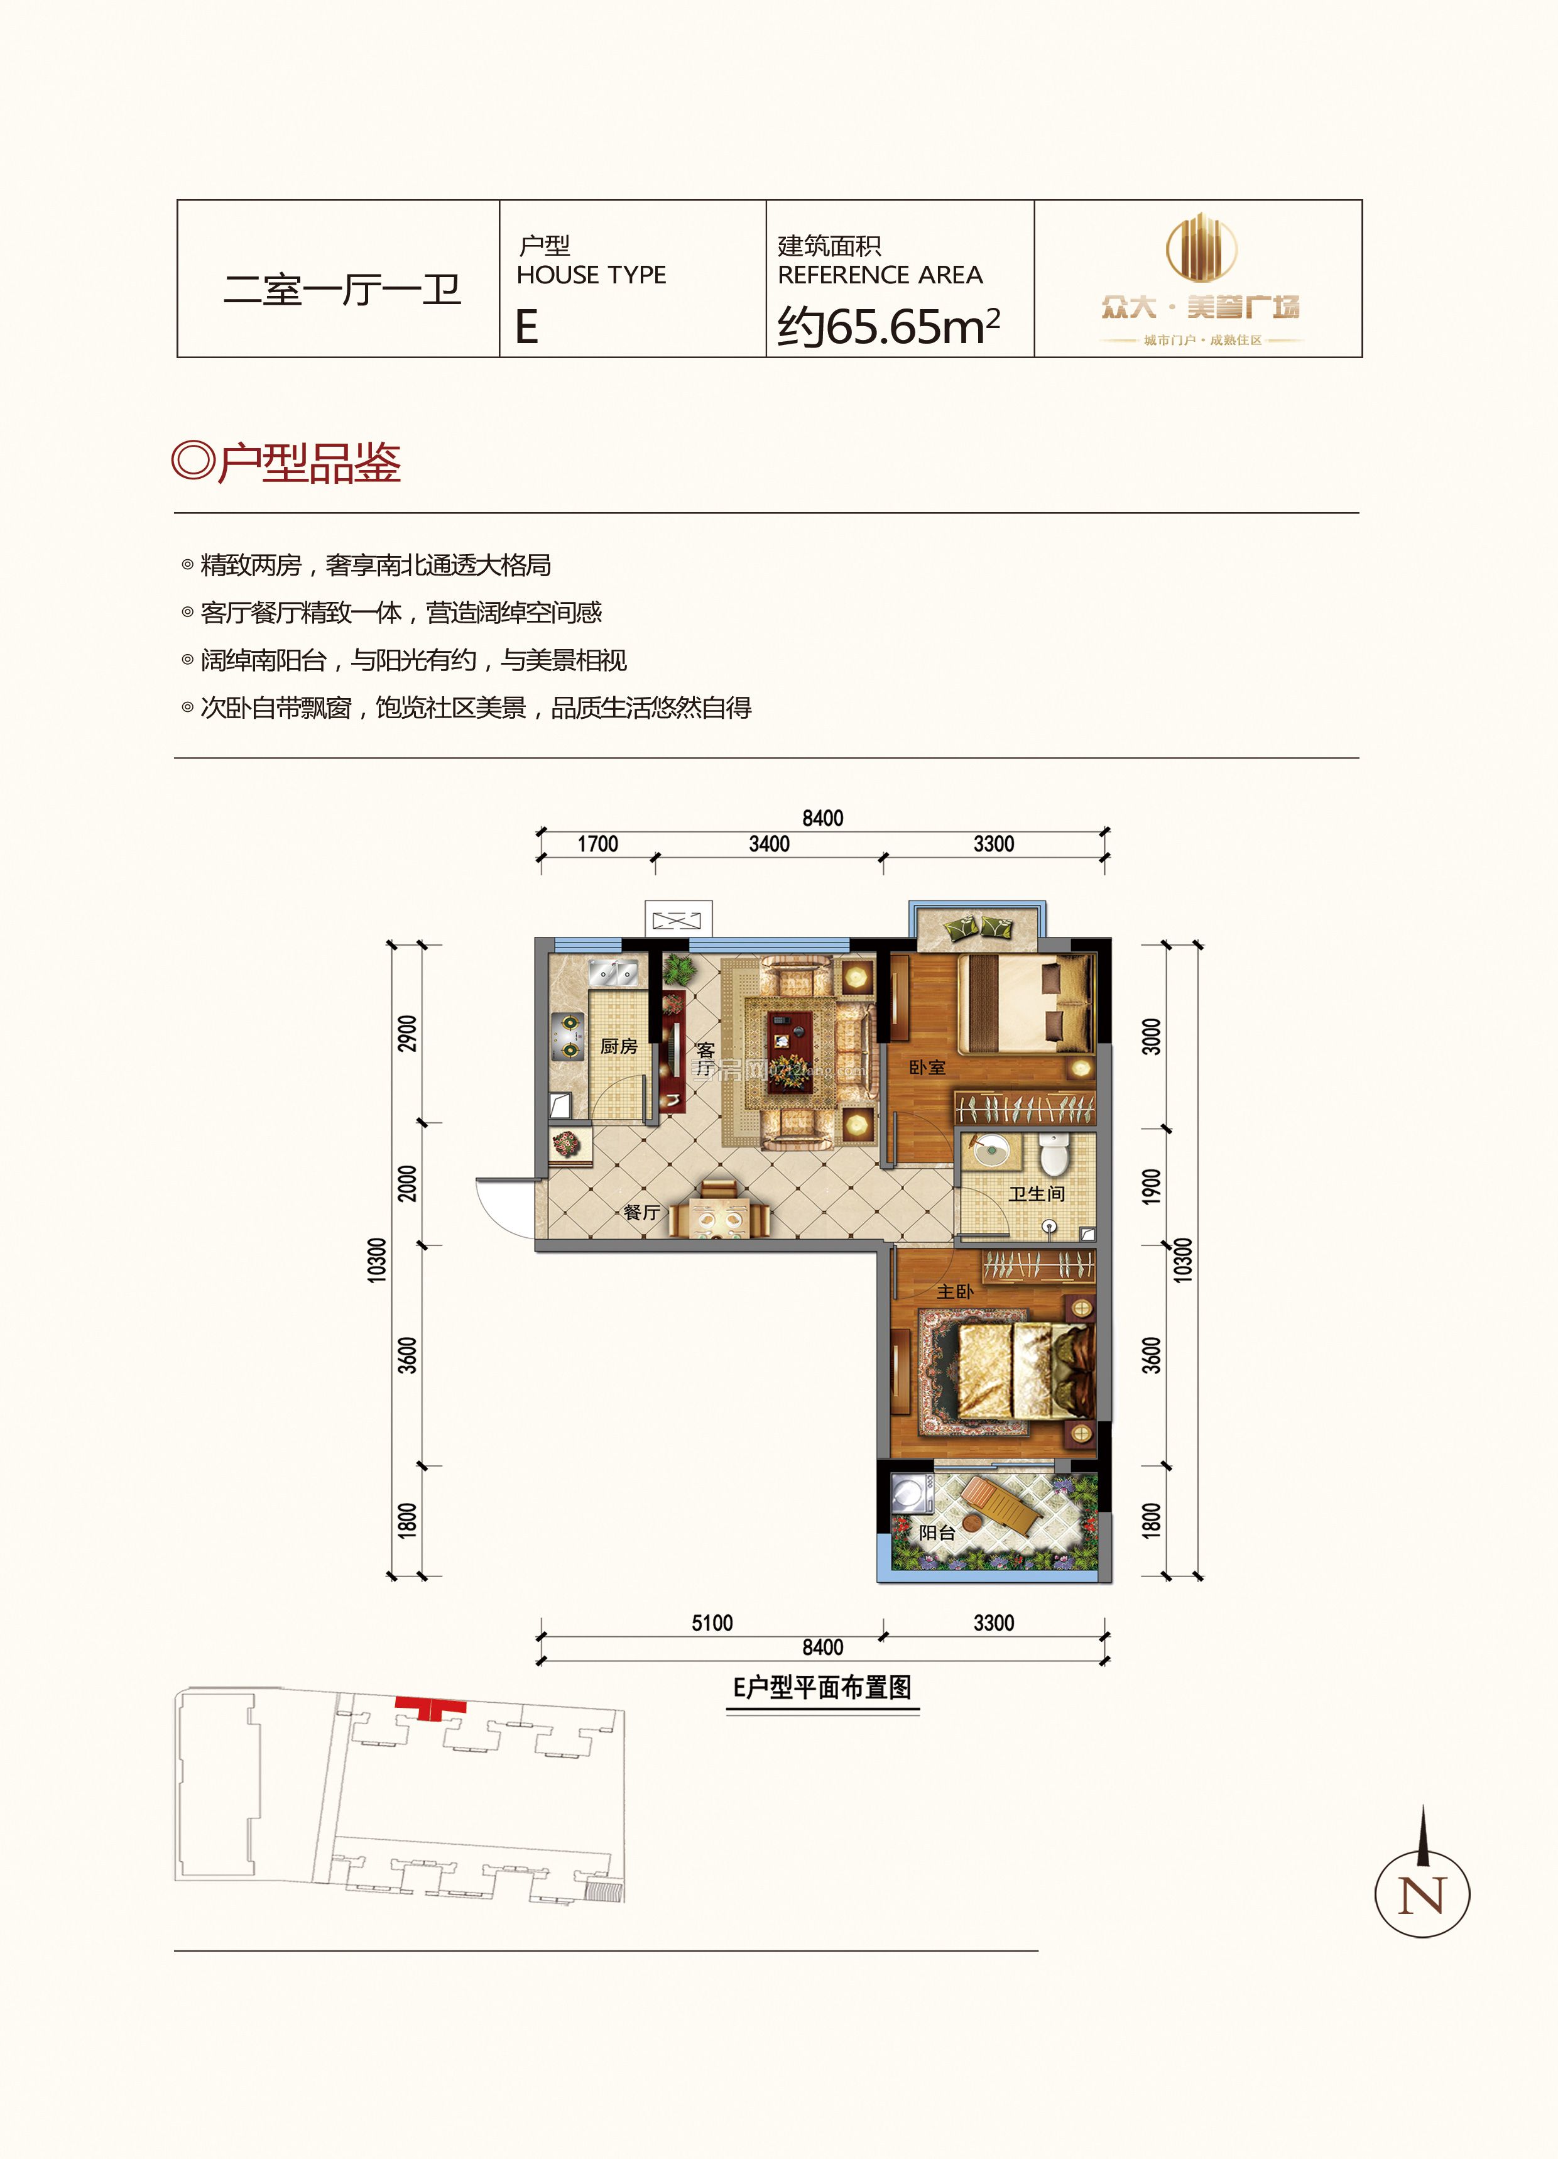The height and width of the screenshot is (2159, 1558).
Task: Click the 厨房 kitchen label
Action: click(x=619, y=1046)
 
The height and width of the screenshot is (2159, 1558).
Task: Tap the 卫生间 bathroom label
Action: click(x=1037, y=1194)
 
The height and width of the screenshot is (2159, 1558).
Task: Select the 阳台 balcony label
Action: click(x=937, y=1533)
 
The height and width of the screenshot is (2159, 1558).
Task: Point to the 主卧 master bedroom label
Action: click(x=955, y=1292)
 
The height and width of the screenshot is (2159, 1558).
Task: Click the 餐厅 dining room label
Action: click(x=641, y=1213)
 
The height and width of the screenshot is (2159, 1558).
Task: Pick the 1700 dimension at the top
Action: click(x=597, y=844)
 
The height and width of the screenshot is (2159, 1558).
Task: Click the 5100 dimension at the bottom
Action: click(x=712, y=1623)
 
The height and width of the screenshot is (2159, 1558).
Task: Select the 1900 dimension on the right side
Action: click(x=1152, y=1187)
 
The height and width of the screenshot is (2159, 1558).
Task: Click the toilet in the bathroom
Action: click(x=1054, y=1156)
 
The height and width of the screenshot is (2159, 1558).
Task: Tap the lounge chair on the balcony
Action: click(x=1001, y=1504)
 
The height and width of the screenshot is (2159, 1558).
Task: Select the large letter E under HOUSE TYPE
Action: click(x=526, y=327)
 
